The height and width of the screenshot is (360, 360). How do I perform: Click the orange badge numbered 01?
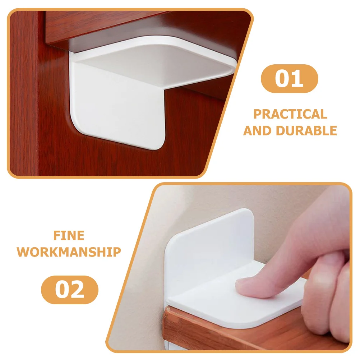(x=289, y=78)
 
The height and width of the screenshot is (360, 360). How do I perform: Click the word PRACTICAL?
(x=290, y=114)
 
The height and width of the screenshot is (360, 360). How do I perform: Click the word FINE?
(x=69, y=236)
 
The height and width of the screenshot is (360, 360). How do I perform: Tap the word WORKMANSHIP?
(x=69, y=252)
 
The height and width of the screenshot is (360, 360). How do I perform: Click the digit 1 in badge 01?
(x=298, y=78)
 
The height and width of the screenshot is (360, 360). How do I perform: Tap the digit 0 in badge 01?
(x=282, y=78)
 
